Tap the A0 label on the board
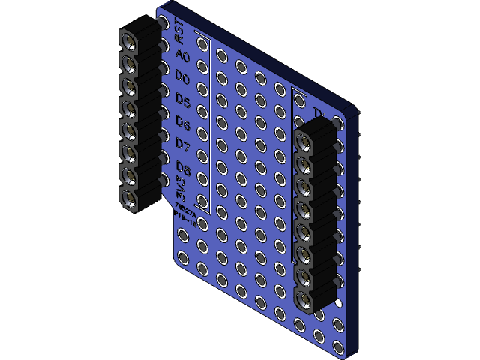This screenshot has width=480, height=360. pyautogui.click(x=181, y=55)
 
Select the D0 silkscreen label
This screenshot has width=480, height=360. pyautogui.click(x=181, y=77)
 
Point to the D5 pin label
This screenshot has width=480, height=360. pyautogui.click(x=181, y=99)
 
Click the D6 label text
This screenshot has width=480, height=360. pyautogui.click(x=182, y=121)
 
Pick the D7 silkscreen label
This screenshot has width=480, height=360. pyautogui.click(x=182, y=142)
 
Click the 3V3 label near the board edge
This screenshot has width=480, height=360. pyautogui.click(x=181, y=190)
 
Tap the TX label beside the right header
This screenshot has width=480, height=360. pyautogui.click(x=319, y=114)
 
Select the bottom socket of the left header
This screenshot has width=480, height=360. pyautogui.click(x=130, y=199)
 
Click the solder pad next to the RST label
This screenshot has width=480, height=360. pyautogui.click(x=202, y=42)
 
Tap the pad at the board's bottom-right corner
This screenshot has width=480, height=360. pyautogui.click(x=339, y=347)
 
